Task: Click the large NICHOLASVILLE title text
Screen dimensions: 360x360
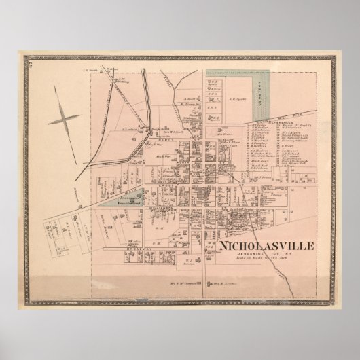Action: pos(264,245)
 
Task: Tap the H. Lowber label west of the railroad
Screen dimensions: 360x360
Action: pos(128,129)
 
